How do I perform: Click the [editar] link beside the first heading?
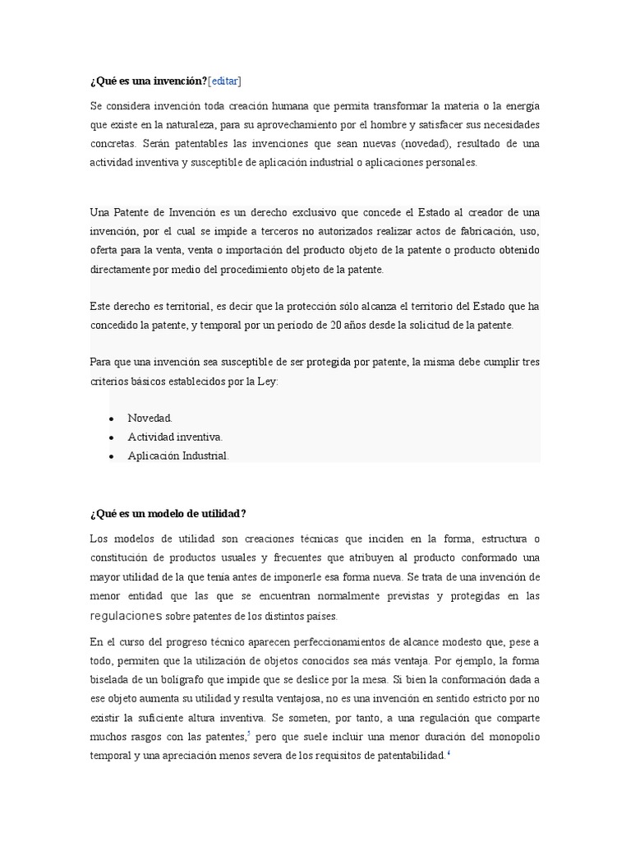[224, 81]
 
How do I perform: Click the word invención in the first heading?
[179, 81]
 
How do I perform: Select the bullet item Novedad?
[150, 418]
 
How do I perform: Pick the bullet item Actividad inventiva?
[175, 437]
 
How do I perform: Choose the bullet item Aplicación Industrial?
[178, 455]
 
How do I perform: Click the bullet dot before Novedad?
[111, 419]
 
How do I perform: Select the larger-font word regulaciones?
[126, 615]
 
